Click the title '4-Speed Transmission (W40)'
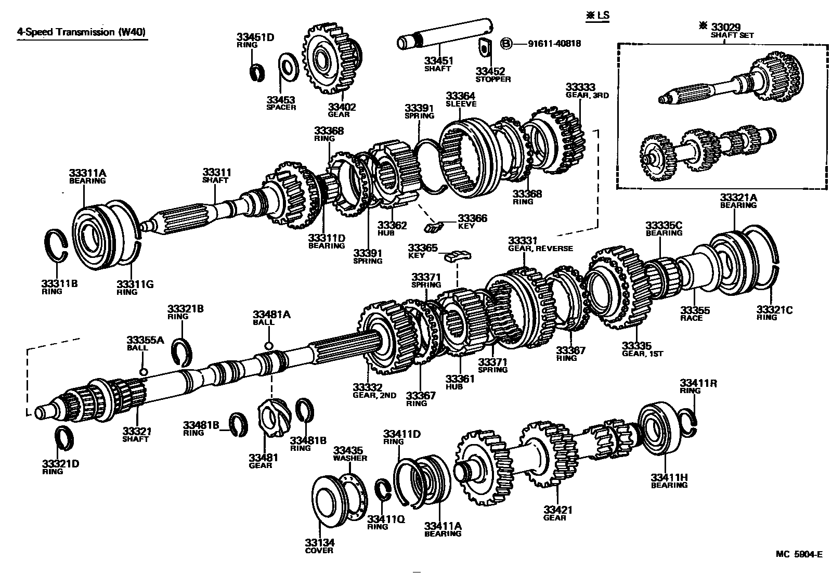(81, 32)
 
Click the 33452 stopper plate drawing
(485, 48)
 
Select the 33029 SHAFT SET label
(732, 30)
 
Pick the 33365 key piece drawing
(458, 255)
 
